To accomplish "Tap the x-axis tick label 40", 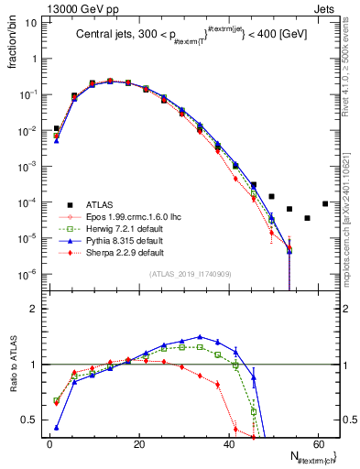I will click(228, 443).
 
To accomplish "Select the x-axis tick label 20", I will click(138, 443).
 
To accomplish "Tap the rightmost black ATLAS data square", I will click(325, 203).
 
